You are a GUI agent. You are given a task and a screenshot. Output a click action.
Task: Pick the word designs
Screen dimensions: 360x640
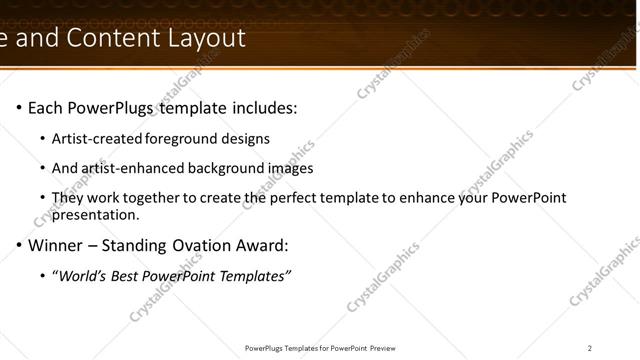click(x=247, y=139)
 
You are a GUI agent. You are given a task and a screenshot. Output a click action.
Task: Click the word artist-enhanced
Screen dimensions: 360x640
click(x=131, y=168)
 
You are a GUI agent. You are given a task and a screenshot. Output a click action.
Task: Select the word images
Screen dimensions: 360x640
click(x=290, y=168)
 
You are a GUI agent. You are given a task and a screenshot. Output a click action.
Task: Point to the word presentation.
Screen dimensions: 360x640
click(x=95, y=214)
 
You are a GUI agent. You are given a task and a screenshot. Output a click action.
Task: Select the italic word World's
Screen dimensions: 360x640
click(x=83, y=276)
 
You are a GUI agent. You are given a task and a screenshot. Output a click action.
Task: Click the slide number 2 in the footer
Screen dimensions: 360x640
click(x=590, y=348)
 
